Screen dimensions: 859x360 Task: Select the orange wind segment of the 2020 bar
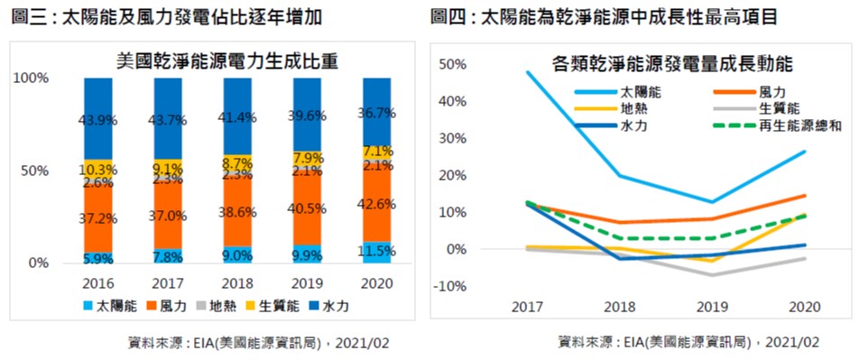[x=377, y=205]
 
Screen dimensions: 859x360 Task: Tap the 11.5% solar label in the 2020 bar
[x=377, y=252]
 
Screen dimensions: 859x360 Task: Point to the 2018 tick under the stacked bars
[x=237, y=284]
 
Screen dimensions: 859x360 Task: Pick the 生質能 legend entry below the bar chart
[x=272, y=306]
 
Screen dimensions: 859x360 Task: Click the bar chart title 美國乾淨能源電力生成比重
[x=227, y=60]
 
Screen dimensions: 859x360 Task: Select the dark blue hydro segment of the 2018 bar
[x=237, y=116]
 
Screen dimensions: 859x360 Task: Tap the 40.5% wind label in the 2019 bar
[x=308, y=208]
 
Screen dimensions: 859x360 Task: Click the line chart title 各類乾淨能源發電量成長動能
[x=672, y=64]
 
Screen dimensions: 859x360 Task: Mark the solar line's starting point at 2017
[x=526, y=72]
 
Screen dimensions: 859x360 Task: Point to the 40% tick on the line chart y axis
[x=453, y=101]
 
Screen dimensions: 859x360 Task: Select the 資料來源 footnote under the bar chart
[x=258, y=344]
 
